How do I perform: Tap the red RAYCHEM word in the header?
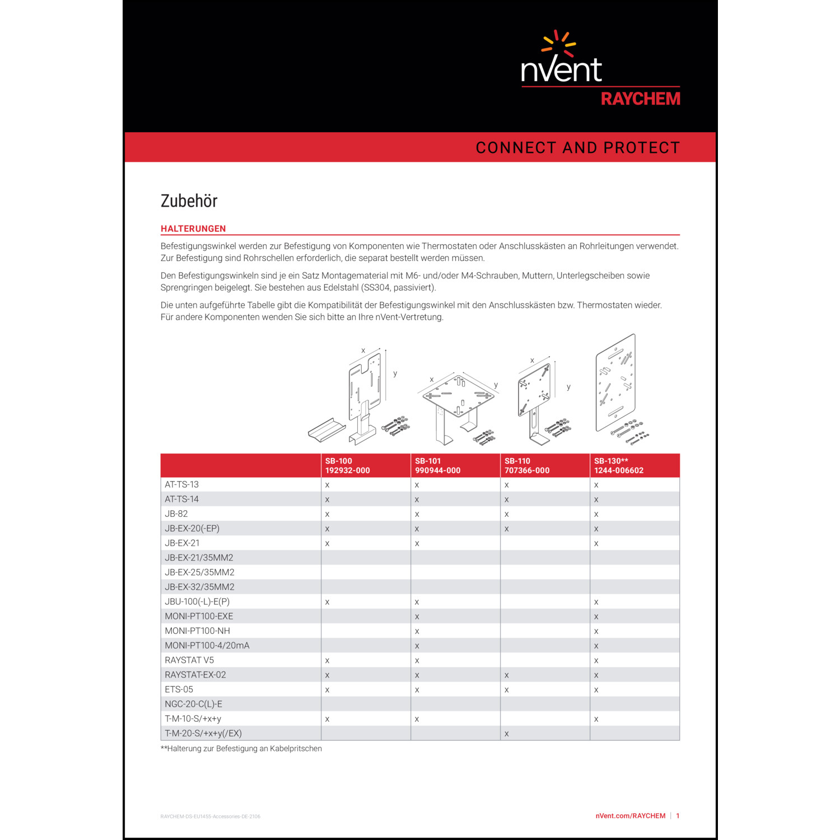[x=640, y=99]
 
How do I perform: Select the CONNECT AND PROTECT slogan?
[x=577, y=148]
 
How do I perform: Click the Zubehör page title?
[x=189, y=201]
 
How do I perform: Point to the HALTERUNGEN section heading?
[x=193, y=228]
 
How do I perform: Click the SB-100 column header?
[x=347, y=465]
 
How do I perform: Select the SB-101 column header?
[x=437, y=465]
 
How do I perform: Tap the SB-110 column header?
[x=526, y=465]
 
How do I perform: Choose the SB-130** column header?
[x=618, y=465]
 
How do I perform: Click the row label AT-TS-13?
[x=181, y=484]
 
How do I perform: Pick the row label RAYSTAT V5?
[x=189, y=660]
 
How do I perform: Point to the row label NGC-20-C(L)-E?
[x=193, y=704]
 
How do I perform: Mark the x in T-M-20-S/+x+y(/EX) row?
[x=506, y=734]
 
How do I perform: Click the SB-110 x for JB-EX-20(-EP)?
[x=506, y=529]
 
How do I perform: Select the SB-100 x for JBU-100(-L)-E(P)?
[x=327, y=602]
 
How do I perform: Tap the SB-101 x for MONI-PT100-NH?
[x=417, y=631]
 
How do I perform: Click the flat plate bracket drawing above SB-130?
[x=616, y=384]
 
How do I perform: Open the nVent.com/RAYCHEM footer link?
[x=630, y=816]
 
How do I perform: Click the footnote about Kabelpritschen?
[x=241, y=749]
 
